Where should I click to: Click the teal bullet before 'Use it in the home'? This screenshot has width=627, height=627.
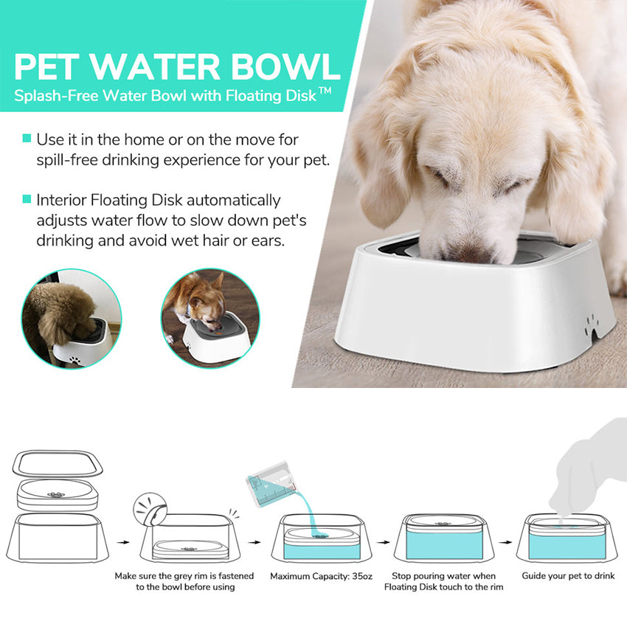click(27, 139)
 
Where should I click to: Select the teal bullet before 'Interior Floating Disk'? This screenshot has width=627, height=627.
click(27, 199)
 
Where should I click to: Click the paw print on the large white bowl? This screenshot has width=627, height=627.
click(590, 323)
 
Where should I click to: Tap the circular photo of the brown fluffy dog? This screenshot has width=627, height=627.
click(71, 318)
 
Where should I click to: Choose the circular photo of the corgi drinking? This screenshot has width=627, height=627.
click(210, 318)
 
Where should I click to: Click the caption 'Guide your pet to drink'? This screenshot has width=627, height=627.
click(568, 576)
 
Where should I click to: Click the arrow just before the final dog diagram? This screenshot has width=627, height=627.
click(506, 541)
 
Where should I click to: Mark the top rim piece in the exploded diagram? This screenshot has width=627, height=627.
click(58, 464)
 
